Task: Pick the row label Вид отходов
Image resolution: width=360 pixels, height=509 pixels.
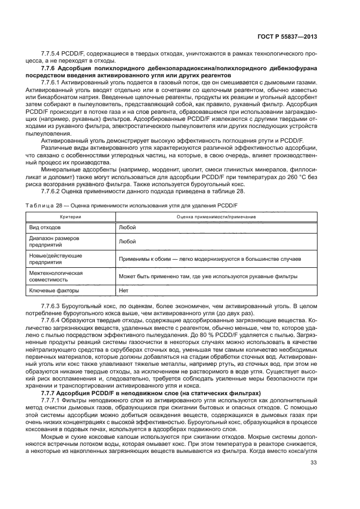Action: tap(45, 226)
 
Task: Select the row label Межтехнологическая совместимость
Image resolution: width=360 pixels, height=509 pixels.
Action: tap(55, 275)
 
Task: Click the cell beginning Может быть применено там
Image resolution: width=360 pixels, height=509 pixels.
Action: tap(208, 277)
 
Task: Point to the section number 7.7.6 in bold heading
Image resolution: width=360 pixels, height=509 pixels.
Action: tap(50, 68)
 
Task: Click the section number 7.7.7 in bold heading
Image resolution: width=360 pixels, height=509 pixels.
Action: tap(50, 393)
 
